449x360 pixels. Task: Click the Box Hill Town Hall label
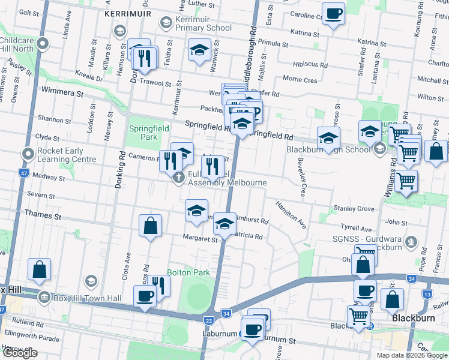pyautogui.click(x=88, y=298)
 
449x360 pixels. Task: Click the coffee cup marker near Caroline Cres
pyautogui.click(x=333, y=13)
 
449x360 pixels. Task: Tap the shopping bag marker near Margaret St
pyautogui.click(x=150, y=227)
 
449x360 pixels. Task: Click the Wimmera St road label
pyautogui.click(x=62, y=93)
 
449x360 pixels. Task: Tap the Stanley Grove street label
pyautogui.click(x=354, y=209)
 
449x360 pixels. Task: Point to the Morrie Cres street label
pyautogui.click(x=300, y=80)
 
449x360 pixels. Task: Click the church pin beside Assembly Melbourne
pyautogui.click(x=178, y=178)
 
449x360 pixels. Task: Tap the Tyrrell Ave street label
pyautogui.click(x=357, y=229)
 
